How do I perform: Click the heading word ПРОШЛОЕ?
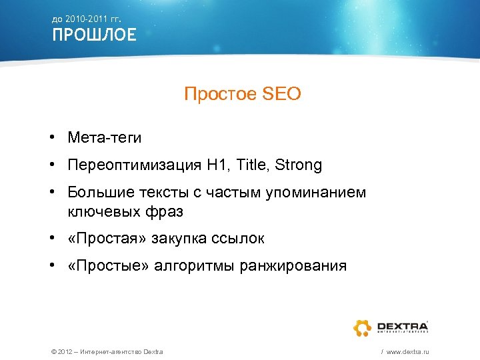(95, 35)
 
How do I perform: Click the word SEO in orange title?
(283, 95)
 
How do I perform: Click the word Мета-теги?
(104, 137)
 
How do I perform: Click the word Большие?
(96, 193)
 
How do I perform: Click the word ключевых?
(101, 212)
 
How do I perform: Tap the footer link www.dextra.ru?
(407, 351)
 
